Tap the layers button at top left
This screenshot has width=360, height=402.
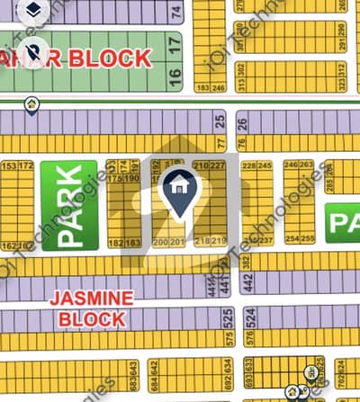tap(32, 11)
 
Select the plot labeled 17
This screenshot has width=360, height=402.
tap(175, 42)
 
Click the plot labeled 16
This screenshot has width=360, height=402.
tap(175, 75)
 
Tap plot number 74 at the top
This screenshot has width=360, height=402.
tap(176, 13)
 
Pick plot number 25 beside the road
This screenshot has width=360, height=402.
tap(220, 121)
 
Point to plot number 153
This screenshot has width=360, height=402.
tap(10, 166)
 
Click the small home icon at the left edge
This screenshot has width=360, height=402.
tap(32, 105)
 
